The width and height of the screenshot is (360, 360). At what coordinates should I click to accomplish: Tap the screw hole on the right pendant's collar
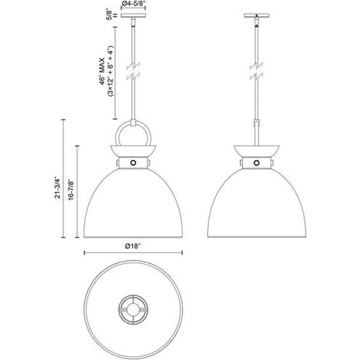click(257, 163)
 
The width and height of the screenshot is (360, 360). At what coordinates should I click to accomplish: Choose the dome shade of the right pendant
click(257, 204)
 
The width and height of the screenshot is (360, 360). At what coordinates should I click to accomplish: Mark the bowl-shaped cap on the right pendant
click(257, 150)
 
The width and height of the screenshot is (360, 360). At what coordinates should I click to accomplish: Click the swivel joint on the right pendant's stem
click(257, 123)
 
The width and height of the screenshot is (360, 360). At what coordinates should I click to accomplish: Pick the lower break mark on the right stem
click(257, 77)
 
